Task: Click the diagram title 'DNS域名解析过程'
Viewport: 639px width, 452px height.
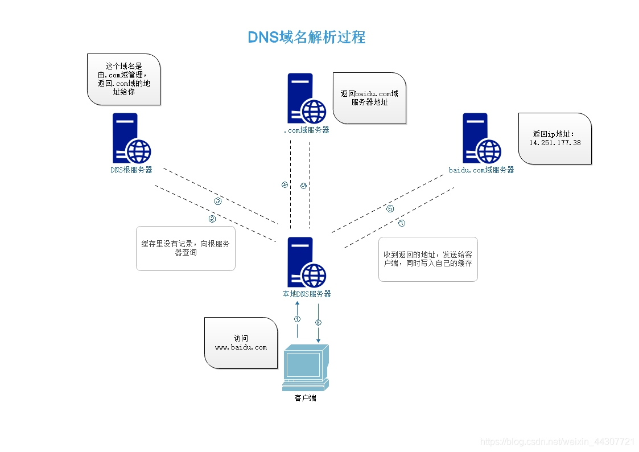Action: (x=306, y=38)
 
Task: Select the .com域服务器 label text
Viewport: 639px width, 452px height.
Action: (x=306, y=130)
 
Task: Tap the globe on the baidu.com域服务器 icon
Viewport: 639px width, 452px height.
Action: (x=489, y=151)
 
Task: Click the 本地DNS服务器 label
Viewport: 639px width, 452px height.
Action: (x=307, y=294)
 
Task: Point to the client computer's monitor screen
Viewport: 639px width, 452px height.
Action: (x=302, y=364)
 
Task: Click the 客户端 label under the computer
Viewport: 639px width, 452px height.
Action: (x=305, y=398)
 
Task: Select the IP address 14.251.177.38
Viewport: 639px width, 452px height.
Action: (x=555, y=143)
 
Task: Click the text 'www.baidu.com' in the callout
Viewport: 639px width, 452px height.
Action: (x=241, y=347)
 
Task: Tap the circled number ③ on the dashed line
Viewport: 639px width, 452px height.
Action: (x=217, y=202)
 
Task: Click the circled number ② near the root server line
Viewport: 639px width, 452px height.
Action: (x=212, y=219)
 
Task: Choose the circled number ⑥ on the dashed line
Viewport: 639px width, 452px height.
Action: (x=390, y=209)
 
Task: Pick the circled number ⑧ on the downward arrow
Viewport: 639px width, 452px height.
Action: (x=318, y=322)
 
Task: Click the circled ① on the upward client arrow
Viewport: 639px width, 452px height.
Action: (x=297, y=319)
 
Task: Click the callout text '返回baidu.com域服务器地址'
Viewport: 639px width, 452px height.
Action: (x=369, y=98)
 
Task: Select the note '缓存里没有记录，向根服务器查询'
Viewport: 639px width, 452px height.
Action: (x=185, y=248)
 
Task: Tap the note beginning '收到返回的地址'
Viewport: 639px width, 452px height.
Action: (x=428, y=259)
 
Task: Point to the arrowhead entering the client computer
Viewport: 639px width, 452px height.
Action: (x=318, y=341)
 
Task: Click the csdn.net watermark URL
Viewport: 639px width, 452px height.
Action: (x=558, y=442)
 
